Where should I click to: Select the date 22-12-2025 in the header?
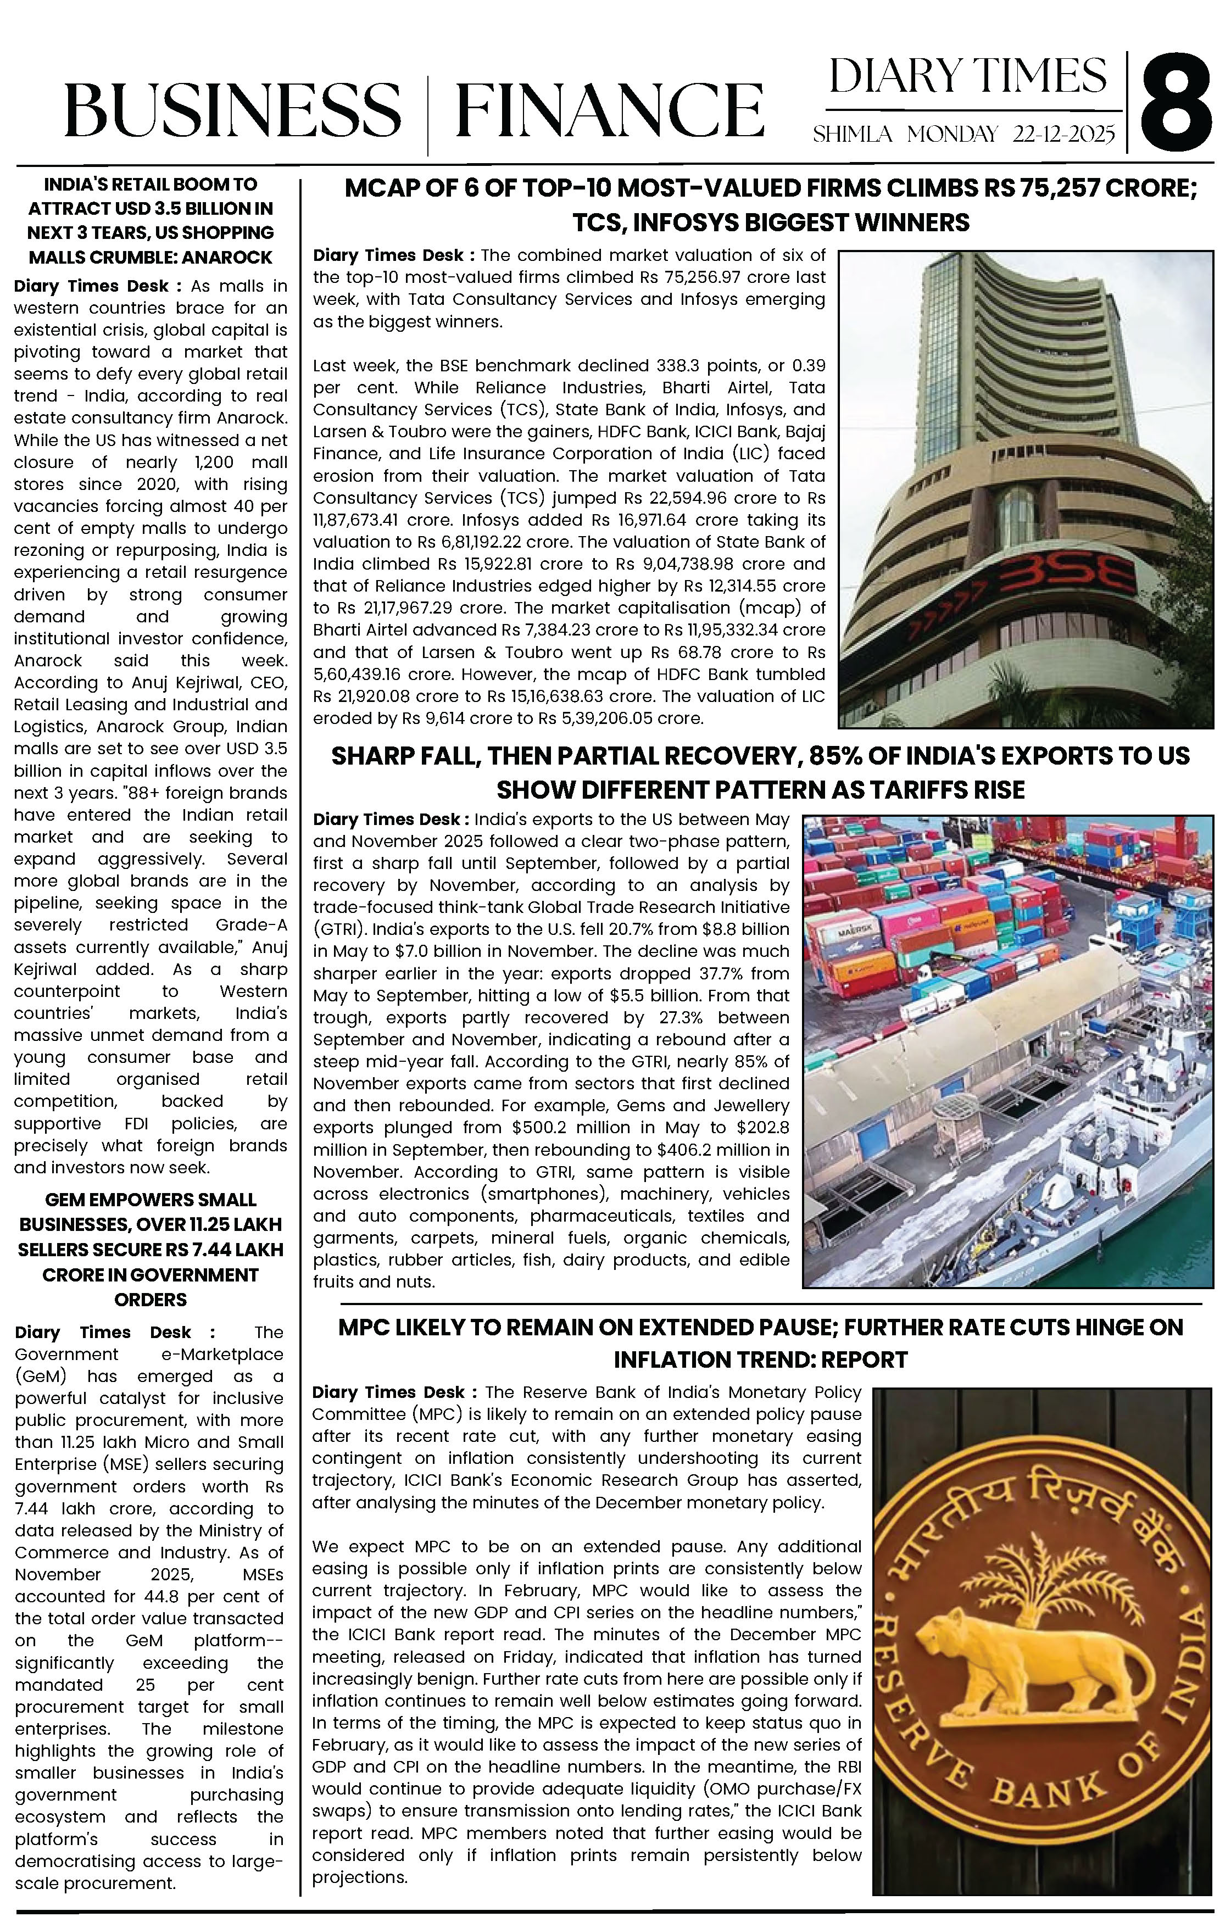pyautogui.click(x=1063, y=133)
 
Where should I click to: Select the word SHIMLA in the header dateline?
pyautogui.click(x=852, y=133)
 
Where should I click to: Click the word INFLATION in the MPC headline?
pyautogui.click(x=668, y=1359)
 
